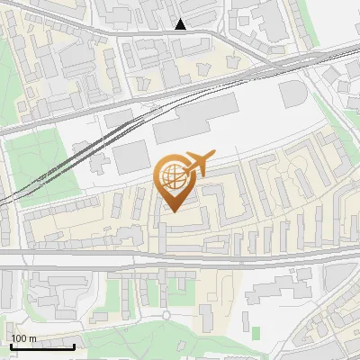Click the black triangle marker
(181, 24)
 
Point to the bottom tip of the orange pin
(173, 212)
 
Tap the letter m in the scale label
(33, 337)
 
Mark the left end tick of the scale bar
(10, 345)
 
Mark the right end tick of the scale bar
(75, 345)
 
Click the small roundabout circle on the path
(166, 314)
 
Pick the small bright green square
(256, 333)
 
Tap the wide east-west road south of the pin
(180, 259)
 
